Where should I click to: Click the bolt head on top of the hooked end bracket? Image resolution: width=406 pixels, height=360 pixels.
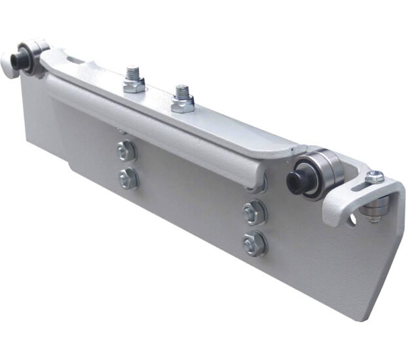point(374,176)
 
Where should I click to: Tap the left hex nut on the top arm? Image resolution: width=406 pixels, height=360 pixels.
point(133,83)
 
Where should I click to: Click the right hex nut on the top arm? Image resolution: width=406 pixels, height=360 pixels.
point(182,102)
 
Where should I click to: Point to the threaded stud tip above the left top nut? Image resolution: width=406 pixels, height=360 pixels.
point(134,69)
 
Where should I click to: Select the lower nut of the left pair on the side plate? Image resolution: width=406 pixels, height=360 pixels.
point(128,178)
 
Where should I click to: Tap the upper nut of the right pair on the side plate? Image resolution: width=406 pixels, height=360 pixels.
point(253,213)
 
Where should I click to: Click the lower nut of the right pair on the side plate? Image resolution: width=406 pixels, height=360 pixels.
point(253,244)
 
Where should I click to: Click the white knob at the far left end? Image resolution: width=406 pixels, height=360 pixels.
point(7,65)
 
